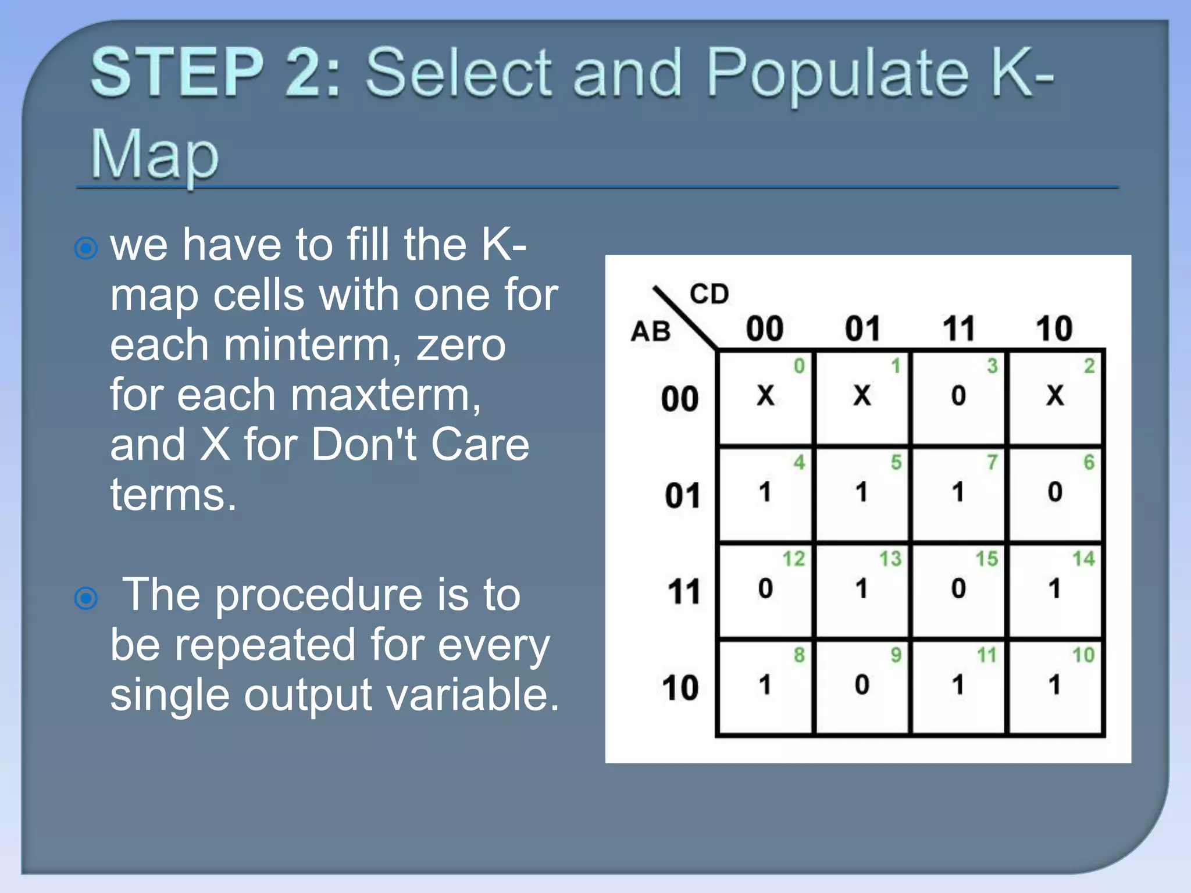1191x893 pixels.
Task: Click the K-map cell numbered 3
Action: point(958,398)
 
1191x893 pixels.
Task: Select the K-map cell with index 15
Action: point(958,591)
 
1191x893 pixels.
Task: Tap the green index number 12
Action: point(794,559)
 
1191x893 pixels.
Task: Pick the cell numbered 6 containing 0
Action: point(1055,494)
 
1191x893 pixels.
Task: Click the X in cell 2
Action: point(1055,395)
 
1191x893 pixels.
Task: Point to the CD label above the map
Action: point(709,294)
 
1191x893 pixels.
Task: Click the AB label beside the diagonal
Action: point(651,331)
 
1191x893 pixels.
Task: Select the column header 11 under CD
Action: point(958,328)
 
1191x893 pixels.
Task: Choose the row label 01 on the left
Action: point(682,496)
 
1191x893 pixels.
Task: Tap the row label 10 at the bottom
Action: point(680,688)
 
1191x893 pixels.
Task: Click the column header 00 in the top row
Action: point(765,328)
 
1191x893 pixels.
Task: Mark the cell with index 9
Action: point(862,687)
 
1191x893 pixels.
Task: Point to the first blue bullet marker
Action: point(86,248)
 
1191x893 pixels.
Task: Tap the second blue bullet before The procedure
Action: point(86,597)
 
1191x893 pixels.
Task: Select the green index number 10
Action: point(1083,655)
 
